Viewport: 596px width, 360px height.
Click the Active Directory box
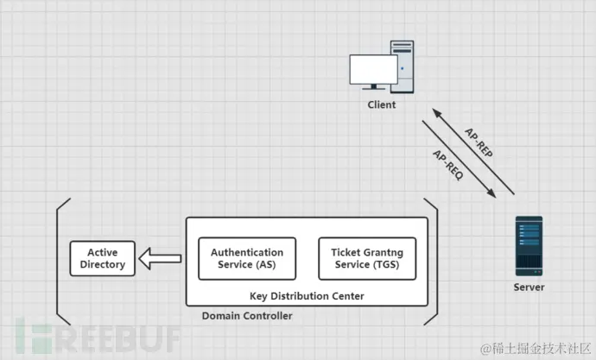(103, 258)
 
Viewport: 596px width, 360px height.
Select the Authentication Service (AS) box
(247, 258)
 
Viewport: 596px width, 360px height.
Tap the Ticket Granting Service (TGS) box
(367, 258)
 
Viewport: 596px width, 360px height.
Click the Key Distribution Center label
(307, 296)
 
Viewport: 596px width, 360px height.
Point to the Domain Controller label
(247, 316)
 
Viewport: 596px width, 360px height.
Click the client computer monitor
(372, 71)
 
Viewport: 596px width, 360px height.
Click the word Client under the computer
(381, 104)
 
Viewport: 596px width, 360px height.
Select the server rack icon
(529, 245)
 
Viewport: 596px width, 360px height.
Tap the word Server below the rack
(529, 286)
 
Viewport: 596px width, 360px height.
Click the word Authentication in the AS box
(247, 252)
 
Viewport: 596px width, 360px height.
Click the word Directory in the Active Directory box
(103, 264)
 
